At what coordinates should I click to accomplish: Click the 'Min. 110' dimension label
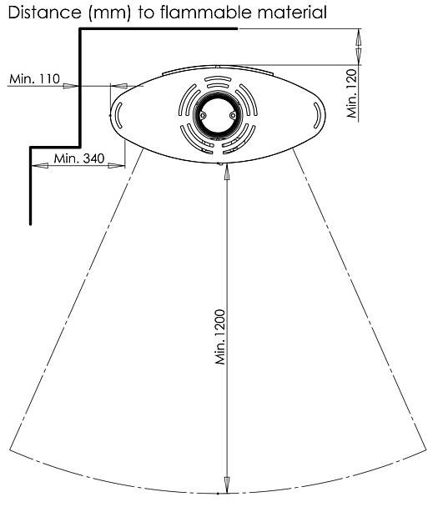(35, 78)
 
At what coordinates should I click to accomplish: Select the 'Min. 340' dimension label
(79, 158)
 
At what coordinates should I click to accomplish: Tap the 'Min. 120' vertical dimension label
(352, 93)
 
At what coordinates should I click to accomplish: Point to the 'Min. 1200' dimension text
(220, 337)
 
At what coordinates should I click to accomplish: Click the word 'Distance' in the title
(44, 13)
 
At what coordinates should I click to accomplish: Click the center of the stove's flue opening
(218, 115)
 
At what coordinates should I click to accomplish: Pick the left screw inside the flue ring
(203, 115)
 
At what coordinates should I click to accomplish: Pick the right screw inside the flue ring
(233, 115)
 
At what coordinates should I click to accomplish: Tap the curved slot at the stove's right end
(317, 115)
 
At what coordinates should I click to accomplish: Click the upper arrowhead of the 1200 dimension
(227, 171)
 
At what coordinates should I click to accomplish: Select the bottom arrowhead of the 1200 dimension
(227, 485)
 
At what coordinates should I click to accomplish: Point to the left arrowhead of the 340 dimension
(40, 166)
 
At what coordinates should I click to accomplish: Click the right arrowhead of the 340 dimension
(116, 166)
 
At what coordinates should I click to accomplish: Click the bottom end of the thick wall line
(30, 223)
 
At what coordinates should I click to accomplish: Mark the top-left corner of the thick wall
(80, 29)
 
